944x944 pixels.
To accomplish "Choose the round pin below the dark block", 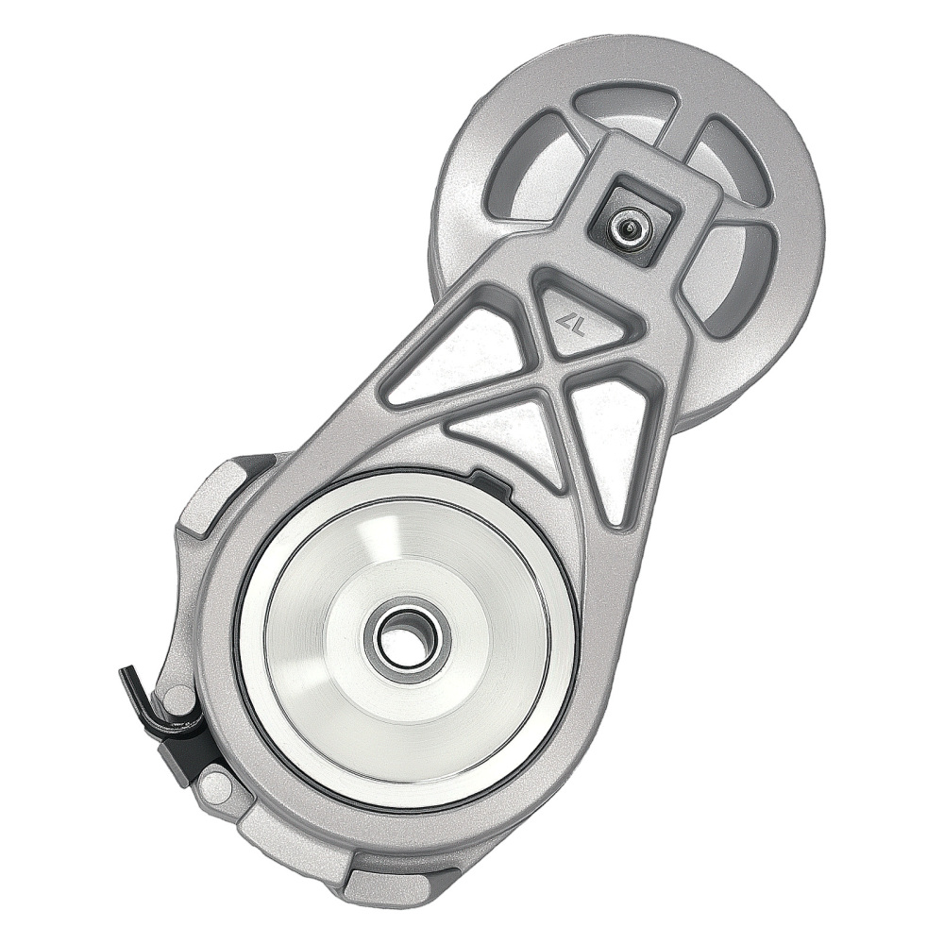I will pyautogui.click(x=215, y=783).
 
